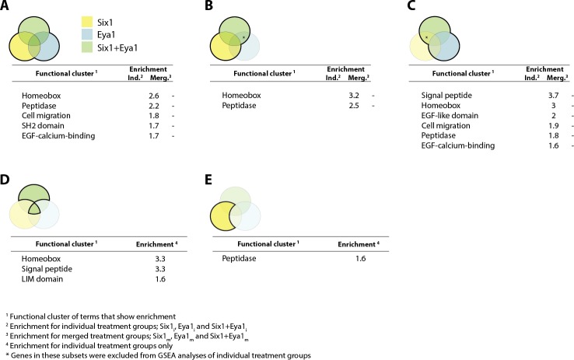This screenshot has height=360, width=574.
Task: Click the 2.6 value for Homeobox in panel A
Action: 154,95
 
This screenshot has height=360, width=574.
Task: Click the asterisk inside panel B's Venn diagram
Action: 243,37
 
